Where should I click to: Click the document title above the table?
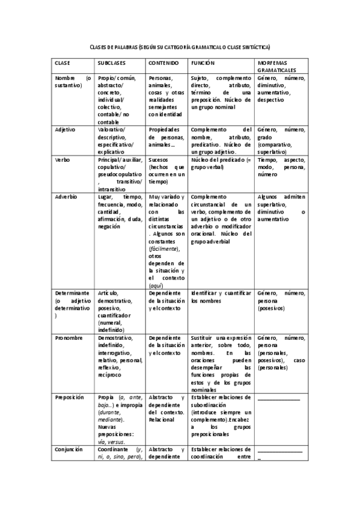tap(180, 46)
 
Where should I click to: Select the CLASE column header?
tap(63, 63)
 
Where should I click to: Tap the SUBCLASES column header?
tap(112, 63)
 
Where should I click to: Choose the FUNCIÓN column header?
tap(203, 63)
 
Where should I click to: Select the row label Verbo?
tap(62, 159)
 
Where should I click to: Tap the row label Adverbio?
tap(66, 197)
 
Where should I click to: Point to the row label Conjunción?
tap(69, 449)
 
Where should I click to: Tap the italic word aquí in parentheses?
tap(156, 284)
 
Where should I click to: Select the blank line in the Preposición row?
tap(278, 399)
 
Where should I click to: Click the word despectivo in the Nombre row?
tap(272, 100)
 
